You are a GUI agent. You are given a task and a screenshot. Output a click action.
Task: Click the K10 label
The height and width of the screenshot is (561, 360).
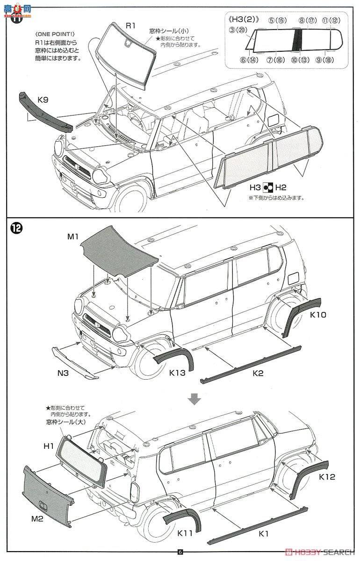click(318, 315)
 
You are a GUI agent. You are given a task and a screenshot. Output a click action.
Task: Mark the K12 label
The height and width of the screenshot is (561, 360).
click(327, 477)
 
